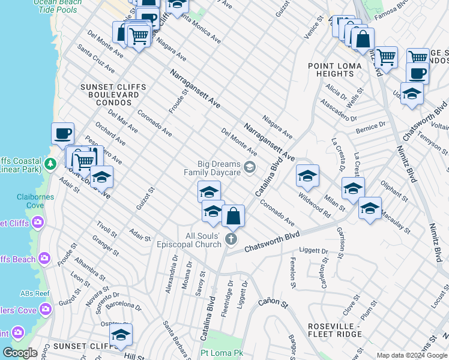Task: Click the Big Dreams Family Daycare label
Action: point(212,168)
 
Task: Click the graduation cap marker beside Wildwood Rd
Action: point(307,176)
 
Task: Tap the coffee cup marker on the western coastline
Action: point(62,133)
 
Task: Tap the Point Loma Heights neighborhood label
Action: point(335,70)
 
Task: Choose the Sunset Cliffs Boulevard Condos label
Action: point(113,91)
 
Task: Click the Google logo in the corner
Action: point(20,353)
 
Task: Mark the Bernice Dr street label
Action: point(370,127)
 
